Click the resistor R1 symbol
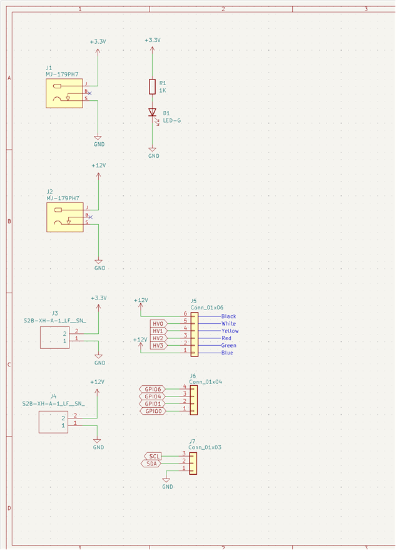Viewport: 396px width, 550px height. [152, 86]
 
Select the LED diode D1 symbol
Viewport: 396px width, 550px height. [152, 112]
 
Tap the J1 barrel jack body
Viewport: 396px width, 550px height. [64, 93]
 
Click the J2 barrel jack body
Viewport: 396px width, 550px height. [65, 217]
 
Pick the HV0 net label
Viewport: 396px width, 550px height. [158, 323]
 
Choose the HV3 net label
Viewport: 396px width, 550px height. [158, 346]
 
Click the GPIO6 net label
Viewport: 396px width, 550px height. [153, 389]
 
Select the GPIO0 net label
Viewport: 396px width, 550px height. [153, 411]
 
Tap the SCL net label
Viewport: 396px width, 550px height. [153, 456]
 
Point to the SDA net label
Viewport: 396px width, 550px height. [151, 464]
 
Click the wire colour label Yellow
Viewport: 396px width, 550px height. [230, 331]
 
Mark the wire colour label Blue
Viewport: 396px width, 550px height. [227, 353]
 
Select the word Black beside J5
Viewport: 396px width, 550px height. [228, 316]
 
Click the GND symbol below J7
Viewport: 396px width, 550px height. [166, 480]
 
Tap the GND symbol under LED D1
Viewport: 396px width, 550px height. [152, 150]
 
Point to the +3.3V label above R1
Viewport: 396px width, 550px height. [153, 40]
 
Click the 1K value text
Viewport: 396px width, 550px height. [163, 90]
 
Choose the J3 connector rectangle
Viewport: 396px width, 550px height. [54, 338]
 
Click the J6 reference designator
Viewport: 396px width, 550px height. [193, 376]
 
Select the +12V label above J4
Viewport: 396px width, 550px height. [97, 382]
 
